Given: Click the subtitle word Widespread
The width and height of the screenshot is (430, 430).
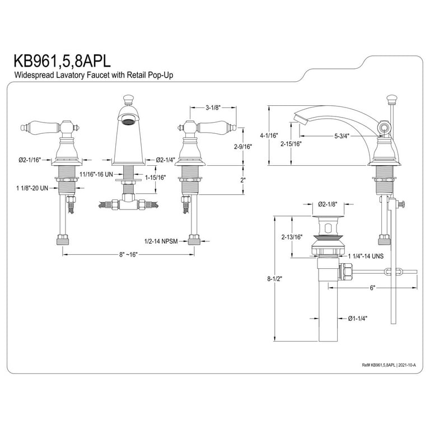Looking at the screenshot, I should click(x=34, y=75).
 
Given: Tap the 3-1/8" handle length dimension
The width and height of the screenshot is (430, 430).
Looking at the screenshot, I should click(x=214, y=107).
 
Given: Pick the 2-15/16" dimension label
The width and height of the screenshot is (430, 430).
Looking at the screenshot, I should click(x=291, y=144).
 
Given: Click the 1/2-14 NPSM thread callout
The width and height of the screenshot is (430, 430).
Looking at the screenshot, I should click(x=161, y=241).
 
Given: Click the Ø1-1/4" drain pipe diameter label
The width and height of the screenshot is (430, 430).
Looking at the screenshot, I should click(x=359, y=318).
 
